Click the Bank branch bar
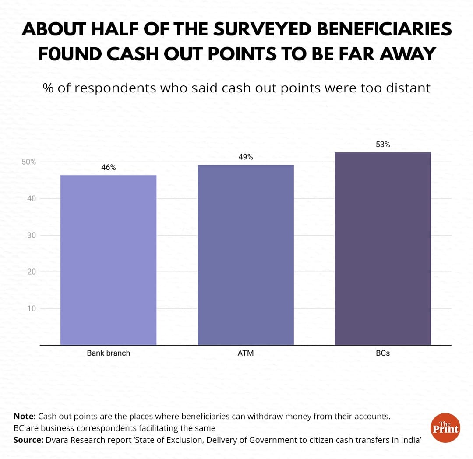tap(108, 260)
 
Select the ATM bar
tap(246, 254)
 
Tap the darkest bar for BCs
tap(383, 248)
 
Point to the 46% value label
tap(108, 167)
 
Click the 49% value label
tap(246, 157)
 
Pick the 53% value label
tap(383, 144)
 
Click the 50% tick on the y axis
tap(29, 162)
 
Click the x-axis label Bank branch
tap(108, 353)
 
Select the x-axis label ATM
tap(246, 353)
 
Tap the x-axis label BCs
tap(383, 353)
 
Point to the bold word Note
tap(25, 416)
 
